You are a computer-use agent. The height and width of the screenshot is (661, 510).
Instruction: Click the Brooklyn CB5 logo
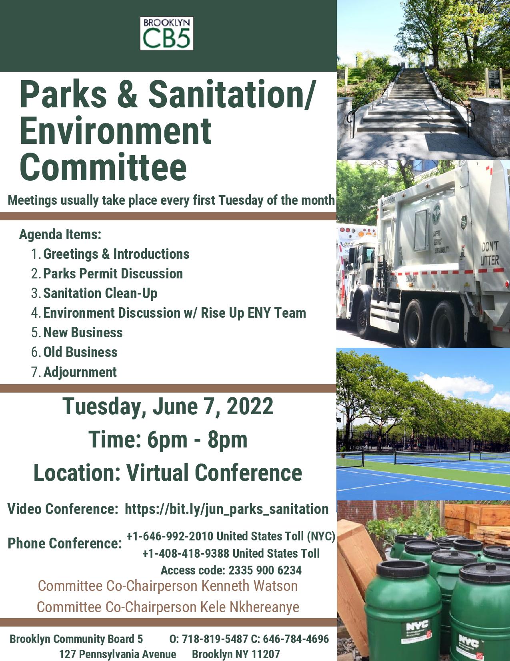[x=166, y=33]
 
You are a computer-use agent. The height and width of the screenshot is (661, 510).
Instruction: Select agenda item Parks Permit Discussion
[x=113, y=274]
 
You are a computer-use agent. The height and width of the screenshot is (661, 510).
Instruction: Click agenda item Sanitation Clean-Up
[x=100, y=293]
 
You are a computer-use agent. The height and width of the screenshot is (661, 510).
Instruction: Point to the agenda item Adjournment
[x=80, y=372]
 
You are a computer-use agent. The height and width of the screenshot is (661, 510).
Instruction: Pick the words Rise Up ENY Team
[x=253, y=313]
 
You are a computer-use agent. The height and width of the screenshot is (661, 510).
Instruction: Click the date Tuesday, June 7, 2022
[x=168, y=406]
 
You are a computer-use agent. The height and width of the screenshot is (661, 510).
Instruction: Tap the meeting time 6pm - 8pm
[x=197, y=439]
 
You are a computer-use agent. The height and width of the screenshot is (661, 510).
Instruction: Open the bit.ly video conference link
[x=226, y=509]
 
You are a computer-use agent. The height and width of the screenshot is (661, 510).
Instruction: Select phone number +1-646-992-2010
[x=170, y=536]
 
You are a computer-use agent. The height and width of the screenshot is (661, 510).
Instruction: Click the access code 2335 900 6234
[x=265, y=570]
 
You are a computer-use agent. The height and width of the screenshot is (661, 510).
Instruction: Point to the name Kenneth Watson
[x=249, y=586]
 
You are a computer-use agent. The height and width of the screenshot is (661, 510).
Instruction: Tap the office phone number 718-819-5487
[x=215, y=639]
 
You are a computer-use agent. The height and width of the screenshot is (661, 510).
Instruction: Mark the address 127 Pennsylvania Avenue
[x=118, y=654]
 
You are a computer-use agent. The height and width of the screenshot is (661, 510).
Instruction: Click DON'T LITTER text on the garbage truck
[x=490, y=253]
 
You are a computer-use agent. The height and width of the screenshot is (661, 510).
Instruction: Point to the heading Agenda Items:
[x=60, y=234]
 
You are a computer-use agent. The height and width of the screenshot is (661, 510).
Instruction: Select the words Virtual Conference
[x=214, y=473]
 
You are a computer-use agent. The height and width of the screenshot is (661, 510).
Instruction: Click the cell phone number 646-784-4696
[x=296, y=639]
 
